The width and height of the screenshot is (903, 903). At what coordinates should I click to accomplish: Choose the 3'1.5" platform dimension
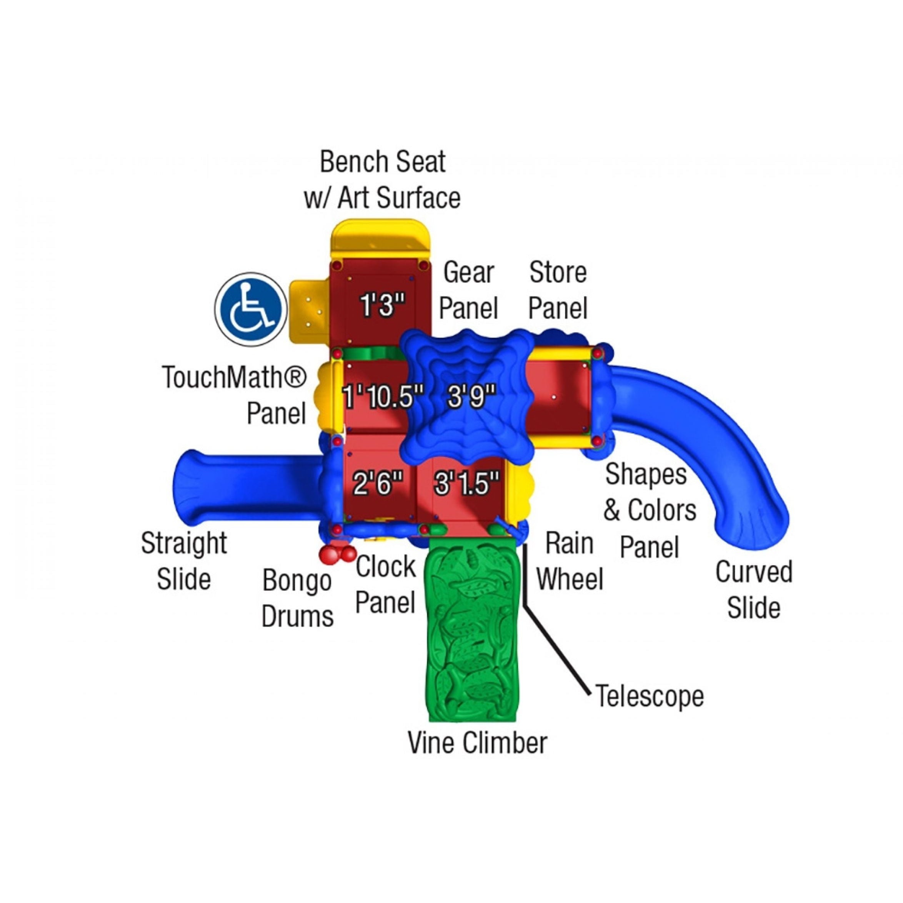466,483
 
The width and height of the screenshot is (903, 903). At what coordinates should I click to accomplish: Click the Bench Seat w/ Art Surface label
382,180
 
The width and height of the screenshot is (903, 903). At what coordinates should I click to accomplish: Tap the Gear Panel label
468,290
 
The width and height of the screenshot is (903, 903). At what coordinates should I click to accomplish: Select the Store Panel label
558,290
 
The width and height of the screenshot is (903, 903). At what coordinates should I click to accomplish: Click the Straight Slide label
184,561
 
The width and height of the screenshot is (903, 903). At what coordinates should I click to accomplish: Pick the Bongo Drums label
297,599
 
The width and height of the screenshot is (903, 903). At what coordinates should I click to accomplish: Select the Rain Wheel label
569,561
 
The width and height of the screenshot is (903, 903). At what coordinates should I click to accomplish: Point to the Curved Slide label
753,590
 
